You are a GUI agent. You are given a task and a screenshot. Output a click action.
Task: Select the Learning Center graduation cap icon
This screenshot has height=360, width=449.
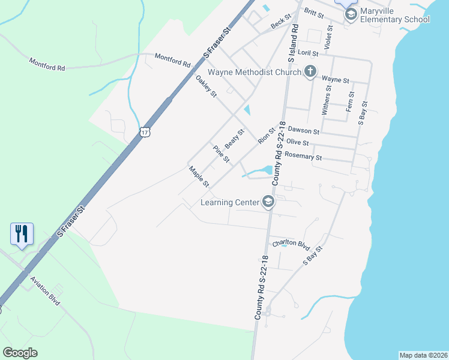coord(268,202)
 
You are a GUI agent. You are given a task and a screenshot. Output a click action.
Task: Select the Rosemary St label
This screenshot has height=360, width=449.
coord(303,156)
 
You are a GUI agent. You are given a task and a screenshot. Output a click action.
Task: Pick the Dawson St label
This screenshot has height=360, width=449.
coord(303,129)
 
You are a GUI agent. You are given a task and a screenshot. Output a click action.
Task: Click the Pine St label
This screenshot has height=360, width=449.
coord(221,154)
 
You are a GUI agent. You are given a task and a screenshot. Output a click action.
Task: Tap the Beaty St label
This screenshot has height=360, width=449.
coord(235,139)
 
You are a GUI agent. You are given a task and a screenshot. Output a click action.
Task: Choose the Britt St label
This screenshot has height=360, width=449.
coord(313,12)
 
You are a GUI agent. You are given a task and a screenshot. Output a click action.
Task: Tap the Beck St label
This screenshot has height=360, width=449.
coord(280,22)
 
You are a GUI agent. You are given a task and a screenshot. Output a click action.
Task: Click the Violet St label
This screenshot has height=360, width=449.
coord(328,37)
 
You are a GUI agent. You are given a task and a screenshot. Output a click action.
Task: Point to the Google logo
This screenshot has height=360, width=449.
coord(20,353)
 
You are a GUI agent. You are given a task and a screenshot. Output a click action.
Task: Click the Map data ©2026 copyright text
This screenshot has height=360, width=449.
coord(423,355)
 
